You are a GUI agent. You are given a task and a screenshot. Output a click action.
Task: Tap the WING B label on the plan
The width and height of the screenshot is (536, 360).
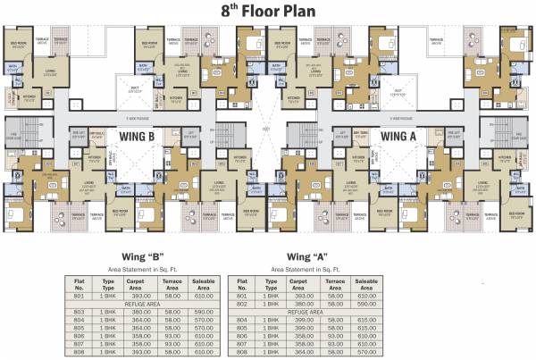coord(138,135)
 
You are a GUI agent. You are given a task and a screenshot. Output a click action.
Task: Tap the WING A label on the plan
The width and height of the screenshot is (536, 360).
coord(399,135)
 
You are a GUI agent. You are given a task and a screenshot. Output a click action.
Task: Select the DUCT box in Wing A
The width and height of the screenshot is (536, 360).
coord(398,90)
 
